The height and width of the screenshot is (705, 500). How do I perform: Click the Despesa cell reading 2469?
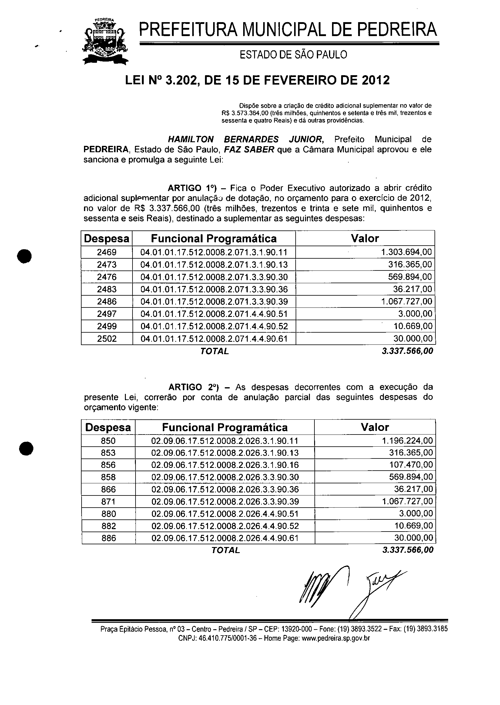click(x=106, y=253)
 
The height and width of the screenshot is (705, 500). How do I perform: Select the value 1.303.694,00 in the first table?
click(x=406, y=253)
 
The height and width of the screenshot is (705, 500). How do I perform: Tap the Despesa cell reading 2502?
click(x=106, y=339)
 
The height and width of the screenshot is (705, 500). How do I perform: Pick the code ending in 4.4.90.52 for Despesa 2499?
click(x=214, y=326)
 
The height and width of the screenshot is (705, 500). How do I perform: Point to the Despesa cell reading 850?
click(x=108, y=441)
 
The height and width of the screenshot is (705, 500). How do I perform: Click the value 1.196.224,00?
click(x=407, y=441)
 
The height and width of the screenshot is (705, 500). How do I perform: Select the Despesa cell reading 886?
click(x=108, y=538)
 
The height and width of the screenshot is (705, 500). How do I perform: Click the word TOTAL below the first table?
click(x=215, y=351)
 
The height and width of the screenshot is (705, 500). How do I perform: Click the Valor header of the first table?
click(x=365, y=238)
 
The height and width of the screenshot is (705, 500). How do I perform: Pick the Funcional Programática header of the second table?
click(x=225, y=427)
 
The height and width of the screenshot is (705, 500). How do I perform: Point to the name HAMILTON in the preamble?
click(x=191, y=139)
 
